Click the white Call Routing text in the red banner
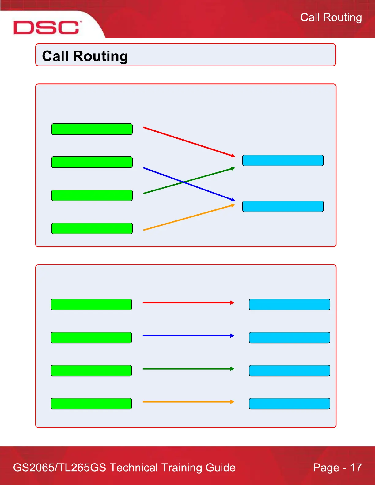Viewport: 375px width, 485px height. click(x=331, y=17)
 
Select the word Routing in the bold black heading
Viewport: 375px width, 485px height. click(x=100, y=56)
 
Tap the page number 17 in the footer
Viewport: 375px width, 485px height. click(x=356, y=468)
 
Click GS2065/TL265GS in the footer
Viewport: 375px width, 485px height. click(x=59, y=468)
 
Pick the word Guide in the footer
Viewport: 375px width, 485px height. click(x=221, y=468)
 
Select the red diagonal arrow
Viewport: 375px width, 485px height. click(x=188, y=141)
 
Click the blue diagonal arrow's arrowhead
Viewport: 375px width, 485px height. click(x=233, y=200)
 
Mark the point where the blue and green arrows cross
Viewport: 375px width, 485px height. click(x=184, y=182)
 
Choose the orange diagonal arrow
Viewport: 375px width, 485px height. click(x=188, y=217)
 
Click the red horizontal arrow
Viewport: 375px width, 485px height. click(x=188, y=303)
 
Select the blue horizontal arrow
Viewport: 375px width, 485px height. click(x=188, y=336)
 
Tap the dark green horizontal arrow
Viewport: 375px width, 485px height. click(x=188, y=369)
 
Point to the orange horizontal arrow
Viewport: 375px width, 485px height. click(x=188, y=402)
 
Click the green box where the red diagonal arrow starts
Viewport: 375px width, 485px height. click(x=92, y=129)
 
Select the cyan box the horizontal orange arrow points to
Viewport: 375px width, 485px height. click(x=290, y=404)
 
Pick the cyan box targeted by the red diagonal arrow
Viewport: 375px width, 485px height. click(x=283, y=160)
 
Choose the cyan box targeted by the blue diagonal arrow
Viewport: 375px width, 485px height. click(x=283, y=206)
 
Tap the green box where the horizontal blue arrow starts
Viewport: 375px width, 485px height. click(x=91, y=337)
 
